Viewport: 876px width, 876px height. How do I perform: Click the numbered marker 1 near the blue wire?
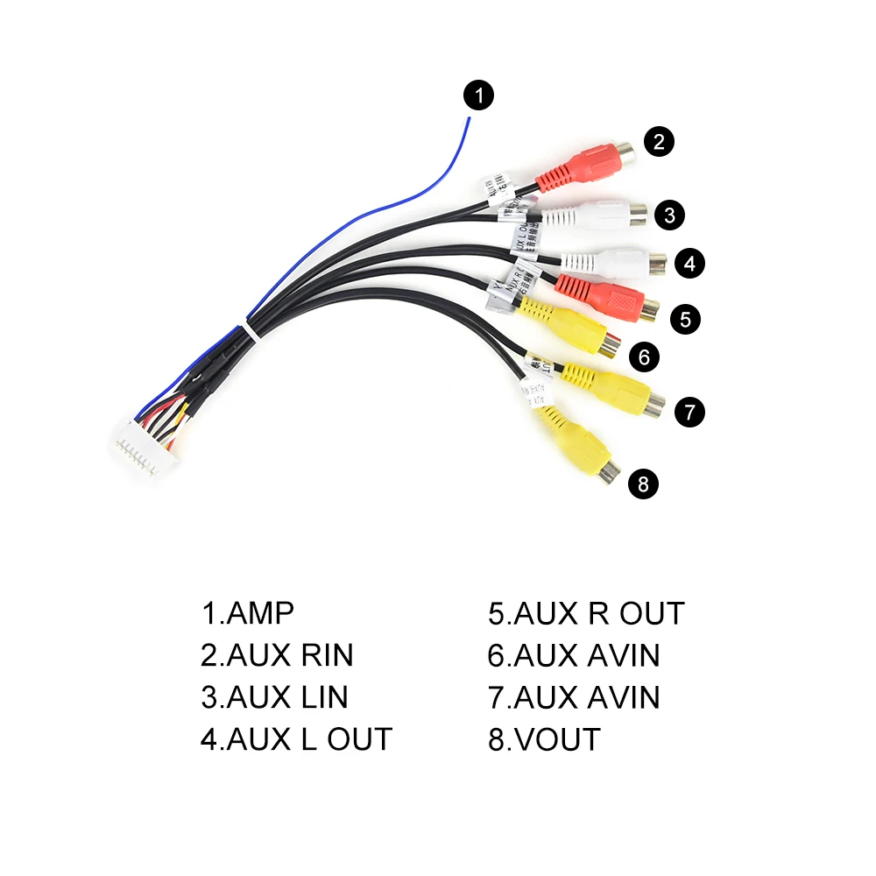[478, 95]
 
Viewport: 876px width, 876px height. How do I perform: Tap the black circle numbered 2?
[659, 142]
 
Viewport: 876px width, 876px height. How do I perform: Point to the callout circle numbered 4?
[690, 262]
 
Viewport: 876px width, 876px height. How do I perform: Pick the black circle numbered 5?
[685, 319]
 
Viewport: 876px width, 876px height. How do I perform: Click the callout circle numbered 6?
[644, 357]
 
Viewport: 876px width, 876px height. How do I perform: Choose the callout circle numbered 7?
[690, 411]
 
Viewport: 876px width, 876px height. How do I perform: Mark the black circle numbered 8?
[644, 484]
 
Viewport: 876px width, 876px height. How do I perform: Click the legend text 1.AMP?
[248, 613]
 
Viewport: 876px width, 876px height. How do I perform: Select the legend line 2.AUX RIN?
[277, 655]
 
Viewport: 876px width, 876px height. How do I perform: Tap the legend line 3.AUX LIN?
[274, 697]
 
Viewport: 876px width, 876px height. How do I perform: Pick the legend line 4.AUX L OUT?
[296, 739]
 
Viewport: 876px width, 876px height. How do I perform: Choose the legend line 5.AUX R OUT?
[586, 613]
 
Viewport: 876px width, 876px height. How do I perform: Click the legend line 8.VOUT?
[544, 739]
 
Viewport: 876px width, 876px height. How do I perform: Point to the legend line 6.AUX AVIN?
[574, 655]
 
